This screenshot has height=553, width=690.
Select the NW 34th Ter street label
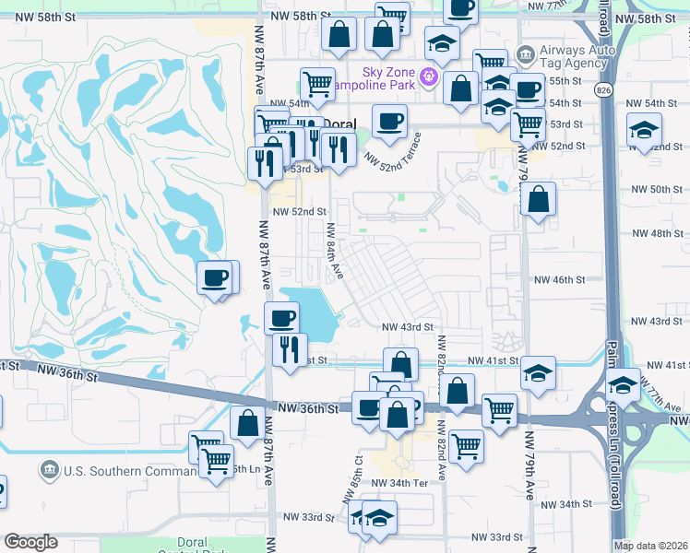coord(400,483)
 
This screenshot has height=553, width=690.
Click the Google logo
coord(30,542)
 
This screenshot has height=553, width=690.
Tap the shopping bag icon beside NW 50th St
coord(537,198)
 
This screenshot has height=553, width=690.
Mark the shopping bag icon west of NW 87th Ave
coord(247,424)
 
